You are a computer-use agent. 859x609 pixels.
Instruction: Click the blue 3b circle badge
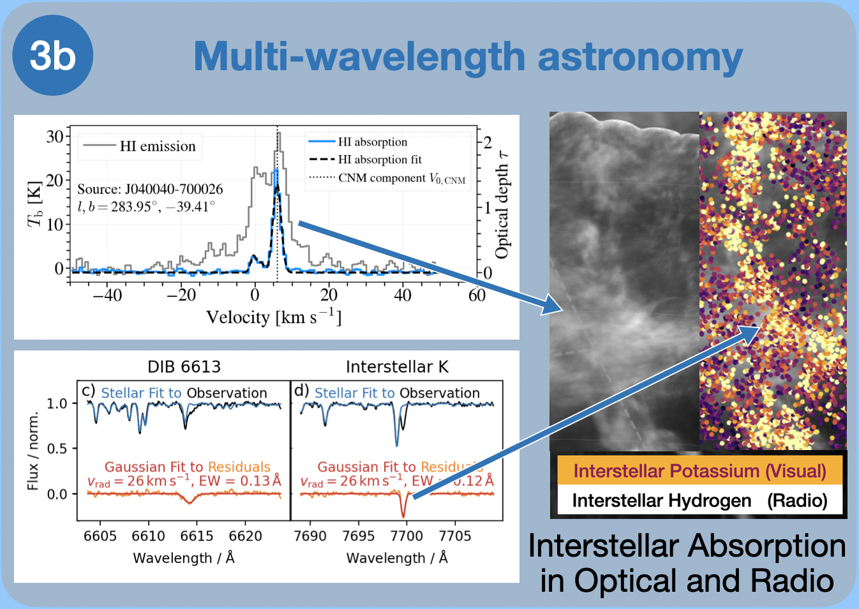[53, 56]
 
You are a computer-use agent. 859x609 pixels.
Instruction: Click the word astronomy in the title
[640, 57]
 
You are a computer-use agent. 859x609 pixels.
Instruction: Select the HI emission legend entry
[157, 146]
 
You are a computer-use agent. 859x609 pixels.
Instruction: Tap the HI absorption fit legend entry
[379, 160]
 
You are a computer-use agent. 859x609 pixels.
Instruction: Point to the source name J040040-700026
[174, 189]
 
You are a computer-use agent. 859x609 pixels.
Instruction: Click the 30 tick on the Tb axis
[55, 137]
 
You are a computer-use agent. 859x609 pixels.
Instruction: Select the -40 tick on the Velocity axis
[107, 295]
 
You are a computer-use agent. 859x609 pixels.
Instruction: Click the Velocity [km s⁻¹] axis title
[273, 317]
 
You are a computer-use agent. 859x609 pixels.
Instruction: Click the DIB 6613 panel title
[184, 367]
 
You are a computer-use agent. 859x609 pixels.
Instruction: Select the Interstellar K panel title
[397, 367]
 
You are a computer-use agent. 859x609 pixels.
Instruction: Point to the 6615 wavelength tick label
[197, 536]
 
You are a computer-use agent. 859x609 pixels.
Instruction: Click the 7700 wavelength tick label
[407, 536]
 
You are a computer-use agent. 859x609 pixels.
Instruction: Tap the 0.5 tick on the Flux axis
[57, 449]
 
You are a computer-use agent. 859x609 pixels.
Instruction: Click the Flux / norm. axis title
[33, 451]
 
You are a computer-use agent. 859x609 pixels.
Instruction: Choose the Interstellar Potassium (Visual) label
[699, 471]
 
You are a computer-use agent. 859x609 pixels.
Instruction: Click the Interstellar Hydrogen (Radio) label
[699, 500]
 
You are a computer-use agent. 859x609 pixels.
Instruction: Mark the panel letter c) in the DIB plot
[88, 391]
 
